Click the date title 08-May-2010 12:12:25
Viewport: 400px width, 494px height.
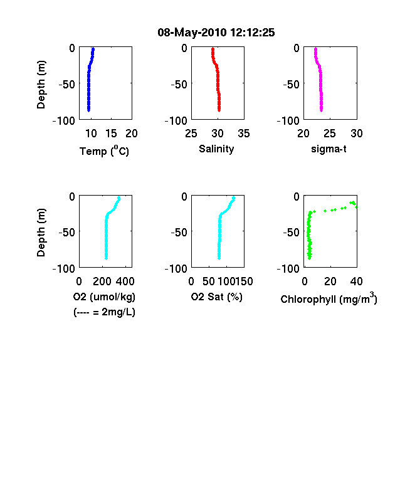[x=216, y=33]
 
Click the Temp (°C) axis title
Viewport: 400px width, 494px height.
[x=104, y=150]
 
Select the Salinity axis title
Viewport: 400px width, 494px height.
[x=216, y=149]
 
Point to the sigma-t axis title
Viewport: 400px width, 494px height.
[x=329, y=149]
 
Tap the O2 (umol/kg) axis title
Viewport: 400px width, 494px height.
[x=104, y=297]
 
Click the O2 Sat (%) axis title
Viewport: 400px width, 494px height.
[x=217, y=297]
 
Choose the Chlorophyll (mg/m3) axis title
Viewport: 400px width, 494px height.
[x=329, y=298]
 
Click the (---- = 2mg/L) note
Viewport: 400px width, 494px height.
[x=104, y=312]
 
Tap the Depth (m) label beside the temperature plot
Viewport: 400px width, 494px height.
[x=41, y=85]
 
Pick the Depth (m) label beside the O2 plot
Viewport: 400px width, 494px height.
[x=41, y=233]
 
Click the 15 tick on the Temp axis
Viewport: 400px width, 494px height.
[x=111, y=134]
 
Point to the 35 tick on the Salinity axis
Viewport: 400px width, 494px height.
[x=244, y=134]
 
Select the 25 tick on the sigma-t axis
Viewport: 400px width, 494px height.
[x=329, y=134]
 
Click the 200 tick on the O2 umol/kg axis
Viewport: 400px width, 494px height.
[x=102, y=281]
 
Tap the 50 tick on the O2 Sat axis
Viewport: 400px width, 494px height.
[x=209, y=281]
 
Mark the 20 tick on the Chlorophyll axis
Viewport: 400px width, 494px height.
[x=330, y=281]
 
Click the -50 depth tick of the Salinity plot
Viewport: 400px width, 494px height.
[x=179, y=85]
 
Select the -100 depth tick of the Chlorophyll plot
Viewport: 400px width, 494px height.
[x=288, y=269]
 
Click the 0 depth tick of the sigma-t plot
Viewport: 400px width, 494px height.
[x=297, y=48]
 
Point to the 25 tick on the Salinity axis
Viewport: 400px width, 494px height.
[x=191, y=134]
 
